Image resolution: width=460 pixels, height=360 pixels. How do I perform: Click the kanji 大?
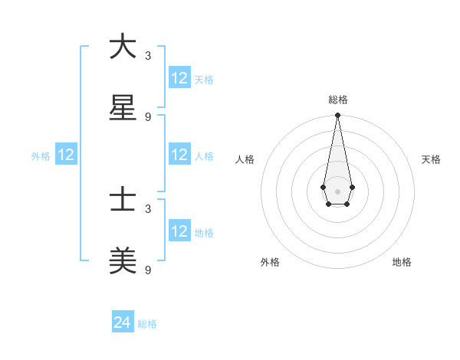coord(123,47)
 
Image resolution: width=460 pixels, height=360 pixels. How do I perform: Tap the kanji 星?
coord(123,109)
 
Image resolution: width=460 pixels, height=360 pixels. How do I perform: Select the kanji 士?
coord(123,201)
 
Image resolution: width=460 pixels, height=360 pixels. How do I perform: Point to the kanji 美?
coord(123,263)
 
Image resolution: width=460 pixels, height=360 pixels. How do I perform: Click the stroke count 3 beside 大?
coord(148,56)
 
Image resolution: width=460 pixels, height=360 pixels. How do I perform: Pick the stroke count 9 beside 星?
coord(148,117)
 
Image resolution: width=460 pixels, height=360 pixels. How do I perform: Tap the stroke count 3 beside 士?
coord(148,208)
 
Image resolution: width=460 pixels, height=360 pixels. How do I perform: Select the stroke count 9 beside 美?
coord(148,270)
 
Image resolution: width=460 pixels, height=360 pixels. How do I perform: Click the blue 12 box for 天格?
coord(179,78)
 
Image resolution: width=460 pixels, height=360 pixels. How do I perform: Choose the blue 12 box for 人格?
coord(179,155)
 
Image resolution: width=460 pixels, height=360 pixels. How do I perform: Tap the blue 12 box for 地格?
coord(179,231)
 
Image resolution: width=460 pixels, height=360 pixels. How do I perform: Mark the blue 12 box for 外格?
coord(66,155)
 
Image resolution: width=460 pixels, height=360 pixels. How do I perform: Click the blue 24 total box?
coord(123,322)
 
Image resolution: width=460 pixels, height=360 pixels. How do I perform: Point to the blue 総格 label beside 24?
coord(147,324)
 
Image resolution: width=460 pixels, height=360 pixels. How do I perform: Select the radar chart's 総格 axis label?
coord(338,100)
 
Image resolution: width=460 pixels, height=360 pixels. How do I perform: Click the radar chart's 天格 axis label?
coord(432,159)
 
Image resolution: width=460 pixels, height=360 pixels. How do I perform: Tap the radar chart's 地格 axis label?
coord(402,262)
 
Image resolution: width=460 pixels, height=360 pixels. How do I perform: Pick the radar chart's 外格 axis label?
coord(270,262)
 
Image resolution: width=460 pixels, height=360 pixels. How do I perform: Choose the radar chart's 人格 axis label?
coord(245,159)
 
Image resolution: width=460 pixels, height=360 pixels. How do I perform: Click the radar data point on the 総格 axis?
coord(337,115)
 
